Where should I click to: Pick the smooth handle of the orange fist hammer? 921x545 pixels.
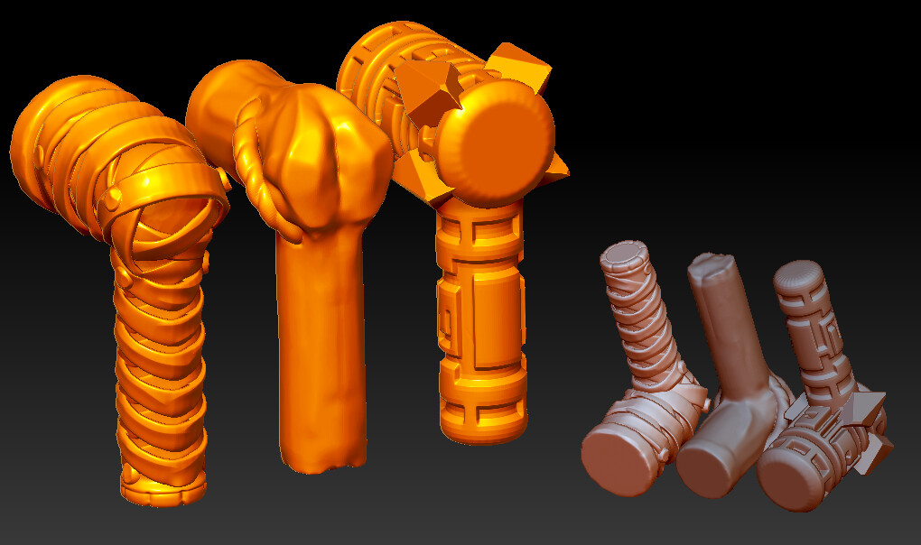tap(321, 343)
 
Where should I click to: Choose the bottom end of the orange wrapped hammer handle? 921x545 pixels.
tap(163, 487)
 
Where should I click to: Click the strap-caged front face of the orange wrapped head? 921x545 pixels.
tap(172, 217)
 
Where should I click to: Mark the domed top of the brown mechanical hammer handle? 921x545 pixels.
tap(798, 274)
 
